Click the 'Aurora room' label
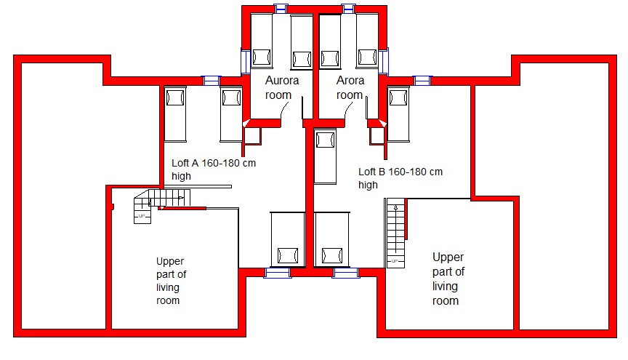click(282, 88)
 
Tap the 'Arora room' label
click(350, 88)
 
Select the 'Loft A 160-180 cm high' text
click(214, 169)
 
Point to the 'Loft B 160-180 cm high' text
click(400, 178)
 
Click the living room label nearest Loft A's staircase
click(171, 281)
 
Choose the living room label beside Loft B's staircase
click(448, 279)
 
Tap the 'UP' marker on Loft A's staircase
click(142, 216)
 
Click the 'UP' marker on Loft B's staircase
click(395, 261)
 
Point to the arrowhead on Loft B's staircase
click(395, 208)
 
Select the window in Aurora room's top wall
click(281, 9)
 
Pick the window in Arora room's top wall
click(348, 9)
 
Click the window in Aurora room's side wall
click(245, 61)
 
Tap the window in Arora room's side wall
click(383, 61)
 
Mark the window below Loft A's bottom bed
click(278, 273)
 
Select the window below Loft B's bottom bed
click(346, 273)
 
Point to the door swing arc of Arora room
click(347, 109)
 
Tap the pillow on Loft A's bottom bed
click(288, 255)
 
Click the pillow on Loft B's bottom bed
click(332, 255)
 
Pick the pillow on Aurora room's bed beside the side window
click(261, 57)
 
